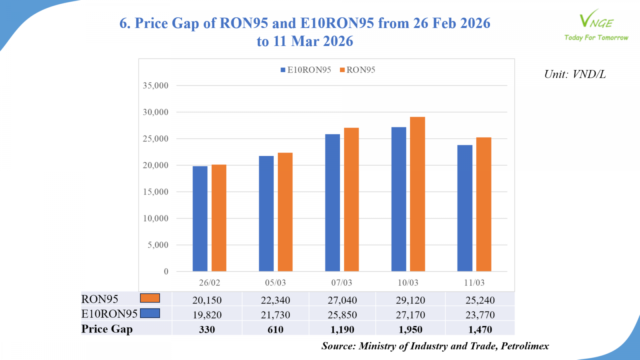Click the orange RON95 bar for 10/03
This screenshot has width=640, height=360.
[x=417, y=194]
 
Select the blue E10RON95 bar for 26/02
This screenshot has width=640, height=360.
[x=200, y=219]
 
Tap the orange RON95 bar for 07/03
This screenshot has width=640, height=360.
[x=351, y=200]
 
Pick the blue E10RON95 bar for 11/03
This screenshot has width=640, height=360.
[x=465, y=208]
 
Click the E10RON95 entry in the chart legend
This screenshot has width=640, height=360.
[x=306, y=70]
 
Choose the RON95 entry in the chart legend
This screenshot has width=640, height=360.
[x=358, y=70]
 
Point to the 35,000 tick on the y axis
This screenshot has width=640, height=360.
[x=156, y=86]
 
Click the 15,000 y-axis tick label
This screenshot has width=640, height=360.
[x=156, y=192]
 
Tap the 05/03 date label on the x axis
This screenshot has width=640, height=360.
[x=276, y=283]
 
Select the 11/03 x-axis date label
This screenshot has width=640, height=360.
[x=474, y=283]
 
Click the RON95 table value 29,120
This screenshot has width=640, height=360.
[x=410, y=300]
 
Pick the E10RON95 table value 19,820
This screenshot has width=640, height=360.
[x=207, y=315]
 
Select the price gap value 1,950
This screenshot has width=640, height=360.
[x=410, y=330]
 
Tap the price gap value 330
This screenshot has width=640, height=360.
[x=207, y=330]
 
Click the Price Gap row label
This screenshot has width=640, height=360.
[x=107, y=329]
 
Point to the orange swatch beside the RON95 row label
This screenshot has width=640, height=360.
[x=150, y=298]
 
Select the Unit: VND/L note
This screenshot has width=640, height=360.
[x=575, y=74]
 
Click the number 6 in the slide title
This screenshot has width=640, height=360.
[x=124, y=23]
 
